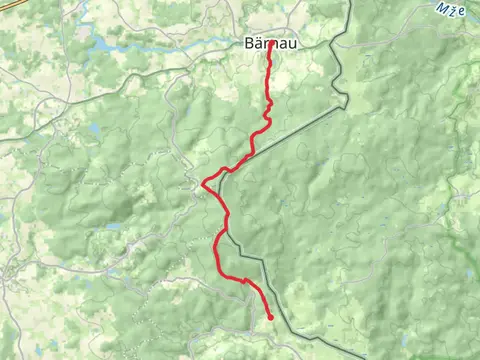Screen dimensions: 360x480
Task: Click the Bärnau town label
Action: (x=268, y=44)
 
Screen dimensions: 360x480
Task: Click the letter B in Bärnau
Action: (x=249, y=44)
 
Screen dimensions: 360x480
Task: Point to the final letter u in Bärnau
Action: (x=288, y=44)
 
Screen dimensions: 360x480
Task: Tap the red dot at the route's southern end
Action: (x=271, y=318)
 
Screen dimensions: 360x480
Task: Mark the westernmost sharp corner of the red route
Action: (x=203, y=183)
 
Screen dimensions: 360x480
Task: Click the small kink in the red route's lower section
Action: (x=244, y=281)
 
